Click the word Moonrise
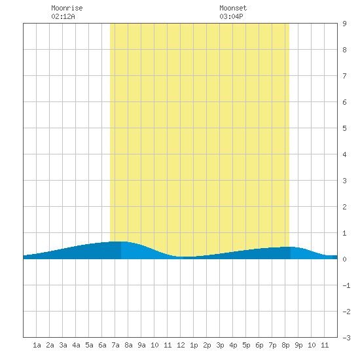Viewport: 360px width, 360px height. point(67,8)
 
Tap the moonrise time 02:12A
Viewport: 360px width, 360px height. point(63,16)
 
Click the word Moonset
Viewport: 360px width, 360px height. point(233,8)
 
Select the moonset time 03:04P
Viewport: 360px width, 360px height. point(231,16)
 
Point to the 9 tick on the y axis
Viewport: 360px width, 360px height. point(344,24)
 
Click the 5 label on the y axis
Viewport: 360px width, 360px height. point(344,128)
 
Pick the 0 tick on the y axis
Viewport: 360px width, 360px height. point(344,259)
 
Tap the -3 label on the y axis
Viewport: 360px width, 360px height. point(346,338)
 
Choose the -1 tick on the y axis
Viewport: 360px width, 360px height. point(346,285)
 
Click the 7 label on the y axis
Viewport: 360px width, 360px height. point(344,76)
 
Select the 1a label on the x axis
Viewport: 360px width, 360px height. point(37,345)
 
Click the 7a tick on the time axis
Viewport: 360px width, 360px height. point(115,345)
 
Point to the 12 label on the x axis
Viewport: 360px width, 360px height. point(181,345)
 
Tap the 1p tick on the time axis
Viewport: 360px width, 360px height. point(194,345)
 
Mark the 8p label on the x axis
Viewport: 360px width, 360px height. point(285,345)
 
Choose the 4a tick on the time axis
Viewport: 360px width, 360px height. point(76,345)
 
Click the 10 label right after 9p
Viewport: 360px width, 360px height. point(312,345)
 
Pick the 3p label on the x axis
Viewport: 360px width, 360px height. point(220,345)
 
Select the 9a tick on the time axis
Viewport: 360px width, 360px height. point(141,345)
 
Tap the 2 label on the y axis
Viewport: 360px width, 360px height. point(344,207)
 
